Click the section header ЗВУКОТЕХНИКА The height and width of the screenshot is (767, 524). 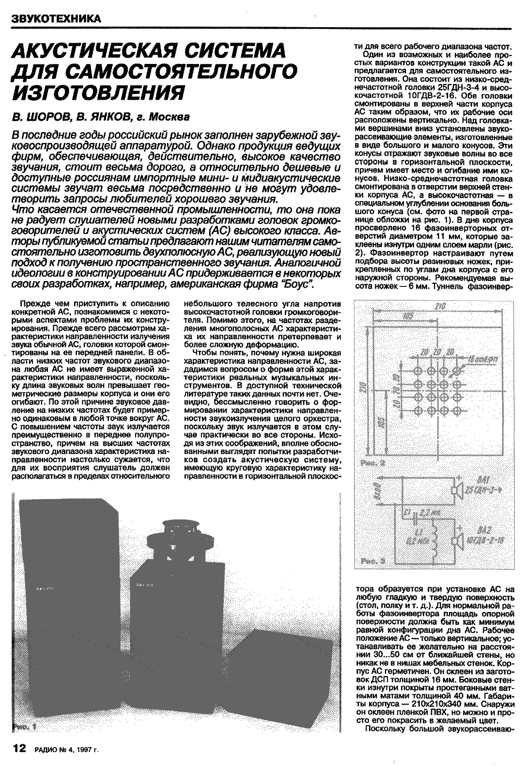pos(56,19)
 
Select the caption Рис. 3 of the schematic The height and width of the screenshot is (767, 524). pos(373,561)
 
